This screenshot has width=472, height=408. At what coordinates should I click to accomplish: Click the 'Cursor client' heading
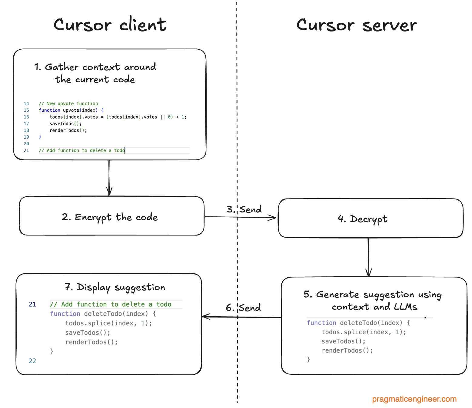110,25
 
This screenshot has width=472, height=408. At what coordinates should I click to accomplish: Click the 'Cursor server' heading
356,25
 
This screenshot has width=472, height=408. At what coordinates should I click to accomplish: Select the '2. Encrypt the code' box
111,216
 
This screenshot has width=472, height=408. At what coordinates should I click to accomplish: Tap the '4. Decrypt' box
370,218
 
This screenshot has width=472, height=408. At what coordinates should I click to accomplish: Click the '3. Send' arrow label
244,209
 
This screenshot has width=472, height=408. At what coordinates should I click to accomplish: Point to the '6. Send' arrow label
243,308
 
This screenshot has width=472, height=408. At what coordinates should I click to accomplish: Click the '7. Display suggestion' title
115,287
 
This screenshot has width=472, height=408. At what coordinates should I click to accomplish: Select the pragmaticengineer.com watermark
414,399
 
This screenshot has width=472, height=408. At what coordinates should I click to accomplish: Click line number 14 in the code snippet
26,104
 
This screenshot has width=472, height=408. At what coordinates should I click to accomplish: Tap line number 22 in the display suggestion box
32,361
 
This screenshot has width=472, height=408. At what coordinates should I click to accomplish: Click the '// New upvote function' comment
68,104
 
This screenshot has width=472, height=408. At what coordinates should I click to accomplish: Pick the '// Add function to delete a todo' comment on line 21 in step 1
81,150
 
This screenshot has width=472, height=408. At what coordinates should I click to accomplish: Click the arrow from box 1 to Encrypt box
109,178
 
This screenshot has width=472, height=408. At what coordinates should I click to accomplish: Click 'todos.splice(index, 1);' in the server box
364,332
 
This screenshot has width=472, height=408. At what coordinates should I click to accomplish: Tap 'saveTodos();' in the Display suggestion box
88,333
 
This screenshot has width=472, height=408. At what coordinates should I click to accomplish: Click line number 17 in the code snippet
26,123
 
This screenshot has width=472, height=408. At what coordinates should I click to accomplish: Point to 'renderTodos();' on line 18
68,130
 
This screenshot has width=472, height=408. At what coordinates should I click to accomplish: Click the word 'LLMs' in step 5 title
406,307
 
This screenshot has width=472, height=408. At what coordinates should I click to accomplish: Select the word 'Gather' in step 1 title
61,67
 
